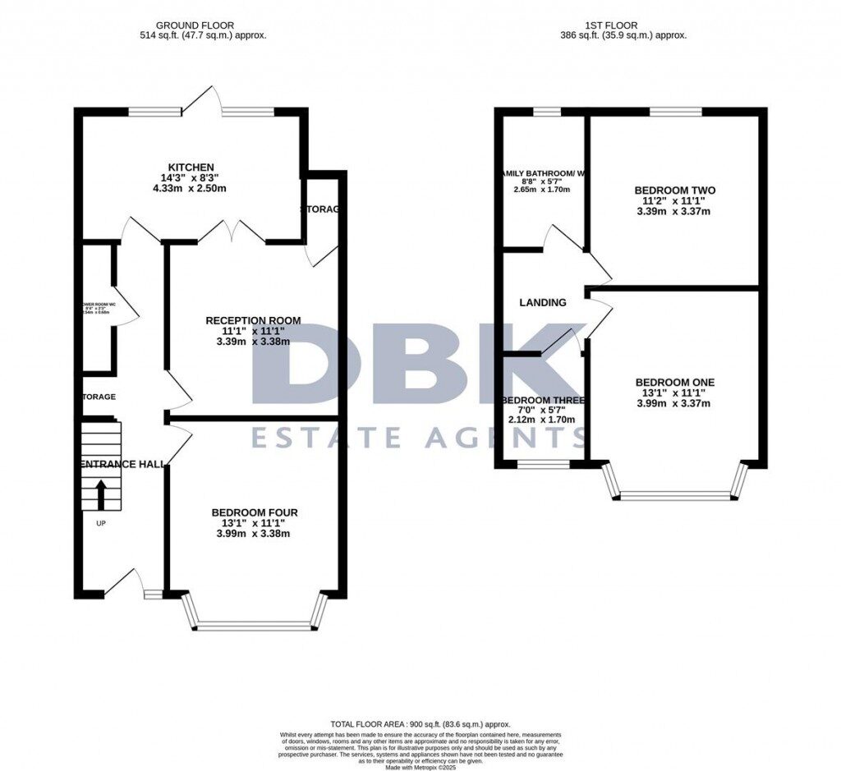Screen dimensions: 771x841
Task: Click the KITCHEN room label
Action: tap(191, 168)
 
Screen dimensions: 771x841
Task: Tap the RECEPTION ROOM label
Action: tap(253, 320)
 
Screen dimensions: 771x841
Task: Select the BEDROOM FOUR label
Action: tap(253, 512)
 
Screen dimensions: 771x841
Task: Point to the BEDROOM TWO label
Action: tap(675, 190)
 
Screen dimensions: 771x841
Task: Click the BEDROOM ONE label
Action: tap(674, 382)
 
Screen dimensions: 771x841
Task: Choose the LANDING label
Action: tap(542, 302)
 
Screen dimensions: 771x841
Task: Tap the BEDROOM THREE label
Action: tap(543, 401)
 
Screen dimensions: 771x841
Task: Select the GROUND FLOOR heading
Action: tap(204, 25)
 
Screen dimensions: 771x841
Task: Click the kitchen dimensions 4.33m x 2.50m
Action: tap(191, 189)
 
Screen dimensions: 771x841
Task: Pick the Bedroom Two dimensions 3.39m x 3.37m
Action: tap(675, 211)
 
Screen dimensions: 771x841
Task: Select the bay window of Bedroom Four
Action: tap(254, 626)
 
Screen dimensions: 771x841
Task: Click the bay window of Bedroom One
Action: tap(674, 495)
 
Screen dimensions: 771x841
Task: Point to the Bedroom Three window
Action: tap(543, 465)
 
